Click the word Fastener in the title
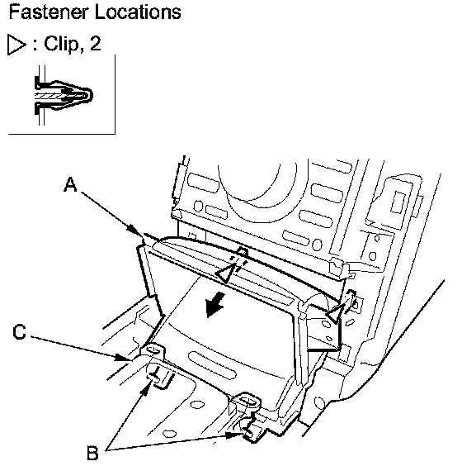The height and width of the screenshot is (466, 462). [49, 12]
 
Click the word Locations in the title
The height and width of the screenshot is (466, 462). [138, 12]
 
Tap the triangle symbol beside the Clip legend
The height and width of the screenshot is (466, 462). [16, 45]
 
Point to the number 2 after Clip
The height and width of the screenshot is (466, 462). [95, 44]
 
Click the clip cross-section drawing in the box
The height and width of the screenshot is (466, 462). [63, 95]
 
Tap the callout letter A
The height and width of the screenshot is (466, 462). [70, 184]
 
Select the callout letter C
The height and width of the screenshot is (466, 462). [20, 331]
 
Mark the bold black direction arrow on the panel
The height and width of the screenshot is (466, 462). [215, 304]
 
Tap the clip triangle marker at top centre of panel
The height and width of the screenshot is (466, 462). [224, 273]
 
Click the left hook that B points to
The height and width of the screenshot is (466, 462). [159, 378]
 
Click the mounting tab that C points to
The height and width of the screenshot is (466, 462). [153, 350]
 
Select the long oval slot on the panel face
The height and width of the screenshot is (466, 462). [212, 365]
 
